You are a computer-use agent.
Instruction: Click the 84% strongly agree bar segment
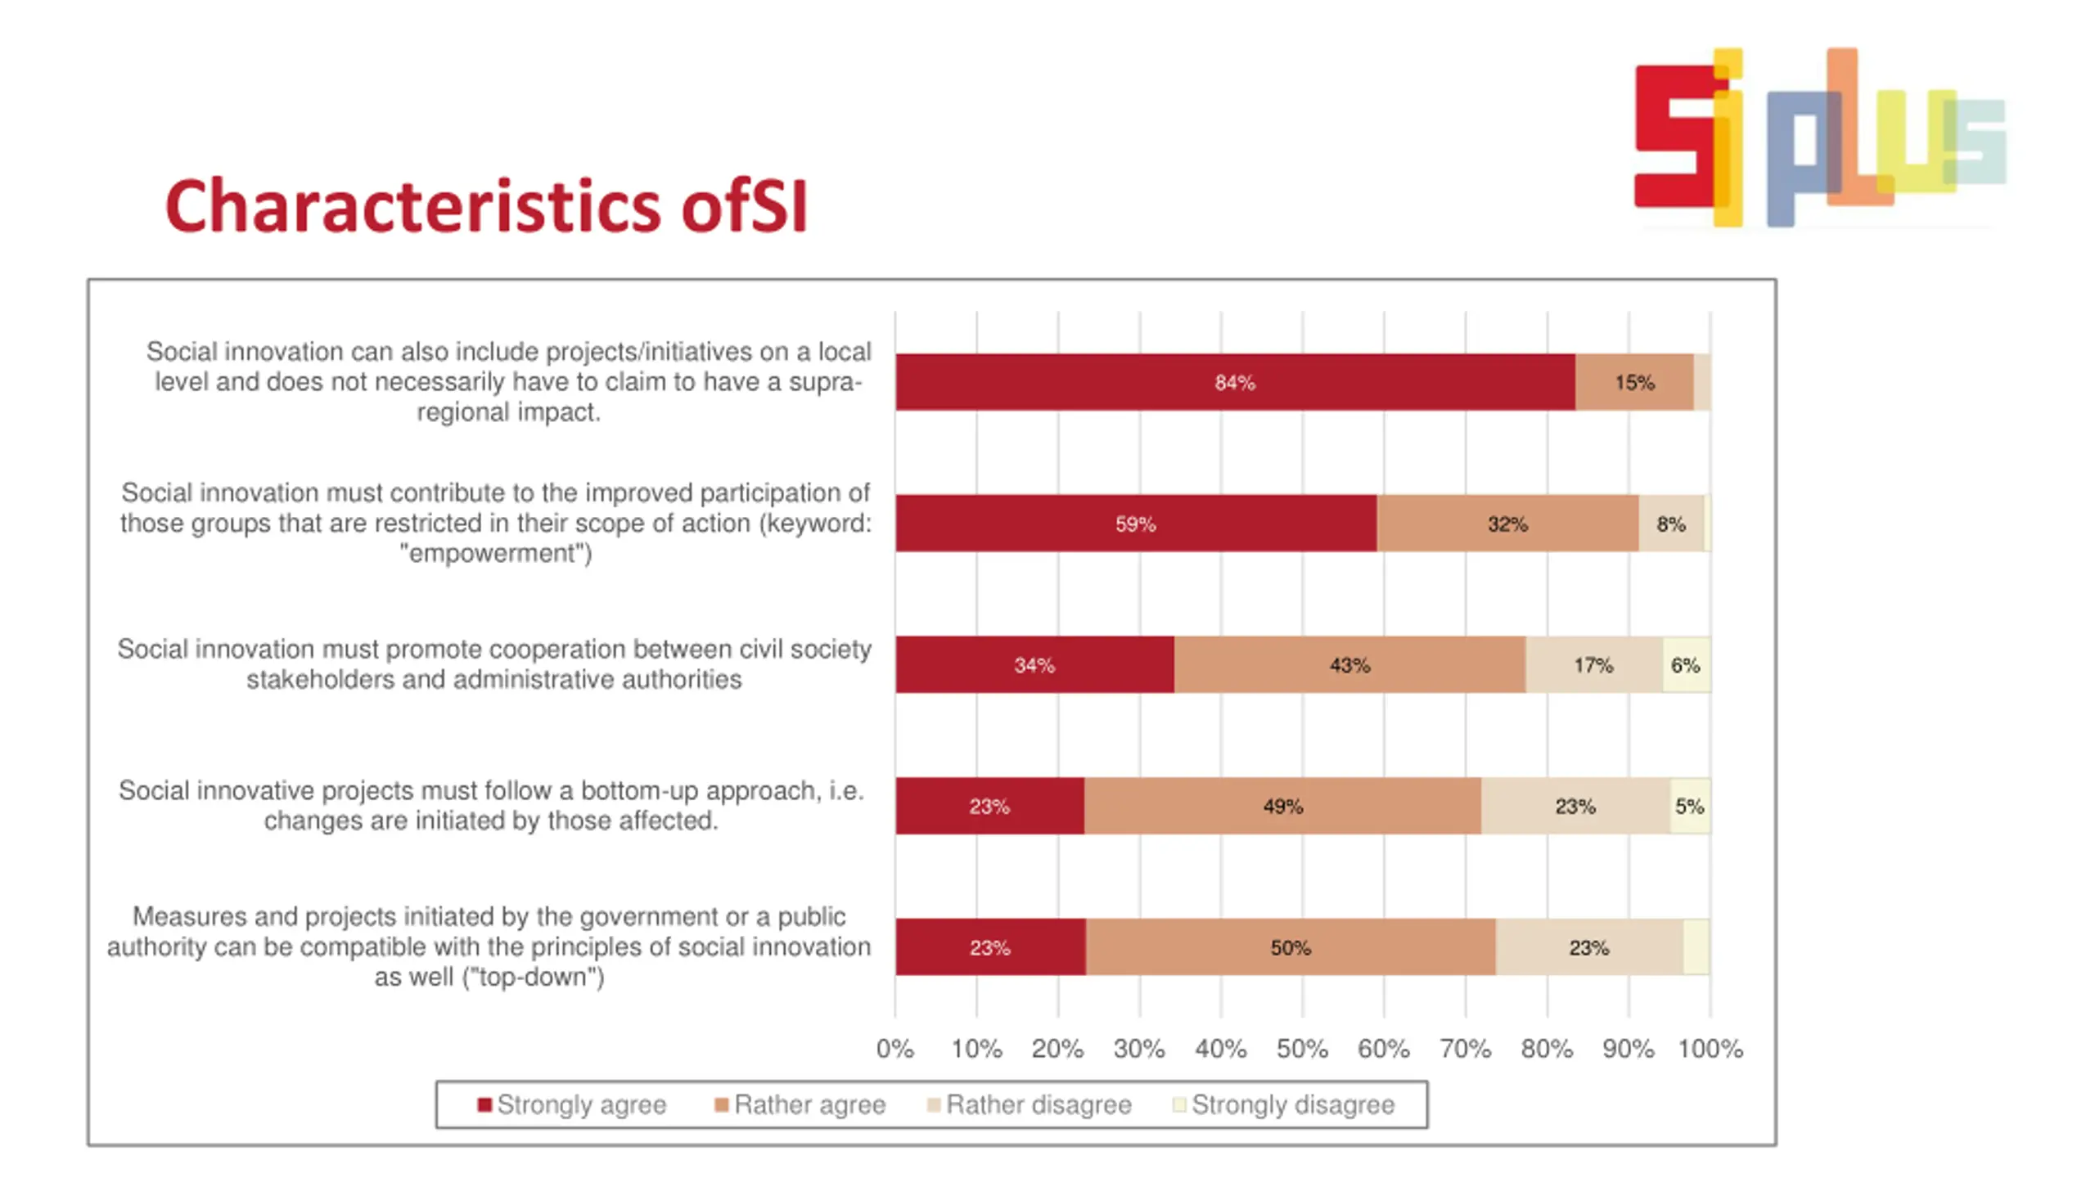pos(1234,382)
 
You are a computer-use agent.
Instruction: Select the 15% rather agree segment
pos(1633,382)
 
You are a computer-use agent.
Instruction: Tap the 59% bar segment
pos(1135,524)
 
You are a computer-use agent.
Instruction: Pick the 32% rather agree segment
pos(1507,524)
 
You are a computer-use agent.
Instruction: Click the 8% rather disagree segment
pos(1670,524)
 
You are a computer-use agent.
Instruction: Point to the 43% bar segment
pos(1349,665)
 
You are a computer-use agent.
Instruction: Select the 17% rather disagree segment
pos(1593,665)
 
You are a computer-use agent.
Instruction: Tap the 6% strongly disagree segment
pos(1686,665)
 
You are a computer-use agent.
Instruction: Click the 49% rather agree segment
pos(1282,807)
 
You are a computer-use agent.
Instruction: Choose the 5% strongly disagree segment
pos(1689,807)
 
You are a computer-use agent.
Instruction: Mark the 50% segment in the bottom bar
pos(1290,947)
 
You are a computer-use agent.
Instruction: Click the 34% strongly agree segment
pos(1034,665)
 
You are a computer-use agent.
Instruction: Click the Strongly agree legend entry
pos(572,1104)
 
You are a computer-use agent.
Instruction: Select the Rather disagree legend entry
pos(1029,1104)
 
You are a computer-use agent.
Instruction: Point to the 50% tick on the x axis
pos(1302,1049)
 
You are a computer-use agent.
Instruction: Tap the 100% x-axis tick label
pos(1710,1049)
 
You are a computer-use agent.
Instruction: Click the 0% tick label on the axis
pos(894,1049)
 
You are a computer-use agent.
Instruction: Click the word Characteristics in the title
pos(412,206)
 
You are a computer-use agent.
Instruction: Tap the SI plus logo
pos(1819,137)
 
